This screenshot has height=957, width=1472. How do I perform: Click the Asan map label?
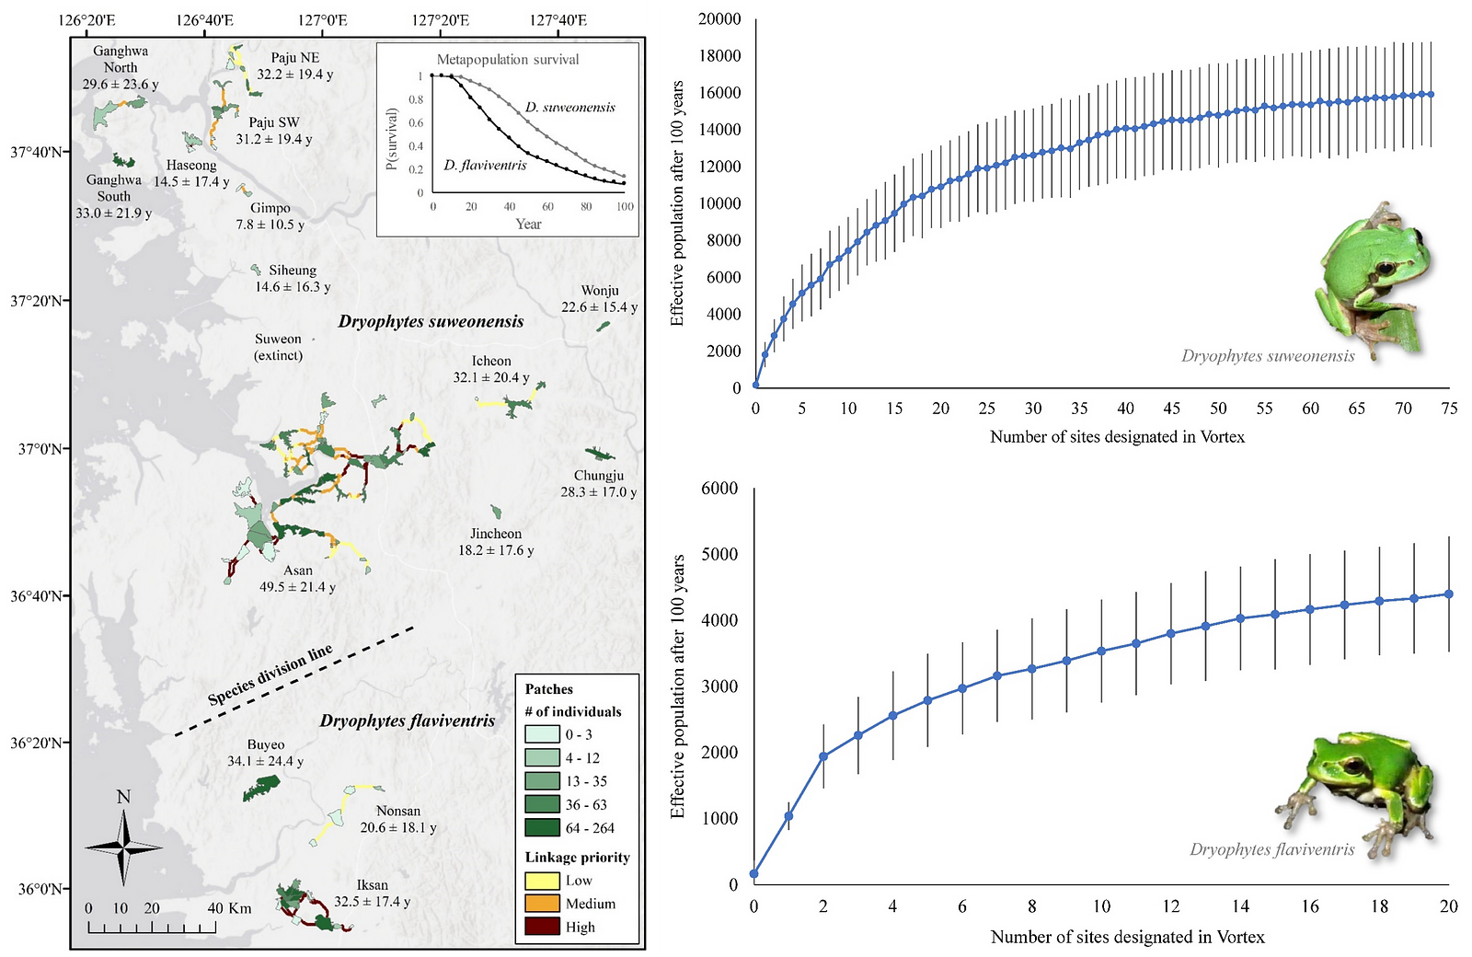tap(297, 571)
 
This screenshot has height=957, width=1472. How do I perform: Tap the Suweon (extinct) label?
tap(278, 347)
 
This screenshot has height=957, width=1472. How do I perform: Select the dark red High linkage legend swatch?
tap(542, 927)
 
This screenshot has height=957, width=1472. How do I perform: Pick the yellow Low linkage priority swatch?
tap(542, 881)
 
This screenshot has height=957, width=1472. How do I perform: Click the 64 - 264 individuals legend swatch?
tap(542, 827)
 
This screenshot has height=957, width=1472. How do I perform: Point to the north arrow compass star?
tap(123, 847)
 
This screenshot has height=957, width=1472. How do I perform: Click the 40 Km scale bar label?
tap(229, 908)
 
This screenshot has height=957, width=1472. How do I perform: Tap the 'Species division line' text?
tap(270, 676)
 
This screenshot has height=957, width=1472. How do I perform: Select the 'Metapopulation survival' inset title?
tap(508, 60)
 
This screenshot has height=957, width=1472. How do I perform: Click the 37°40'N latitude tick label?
tap(37, 152)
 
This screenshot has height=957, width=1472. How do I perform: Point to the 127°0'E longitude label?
tap(323, 20)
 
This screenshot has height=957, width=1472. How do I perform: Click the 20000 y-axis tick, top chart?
tap(719, 19)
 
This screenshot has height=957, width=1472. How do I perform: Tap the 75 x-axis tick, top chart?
tap(1449, 409)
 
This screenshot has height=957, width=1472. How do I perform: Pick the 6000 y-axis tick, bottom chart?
tap(719, 489)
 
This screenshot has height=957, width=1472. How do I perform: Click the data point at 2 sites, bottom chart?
tap(823, 756)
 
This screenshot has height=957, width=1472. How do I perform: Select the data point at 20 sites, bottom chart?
tap(1449, 594)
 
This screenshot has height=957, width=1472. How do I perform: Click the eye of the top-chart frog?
tap(1383, 269)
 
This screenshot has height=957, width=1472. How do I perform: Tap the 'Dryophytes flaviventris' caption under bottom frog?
tap(1271, 849)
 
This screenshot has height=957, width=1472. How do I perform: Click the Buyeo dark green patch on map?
tap(261, 789)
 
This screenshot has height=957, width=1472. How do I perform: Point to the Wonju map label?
tap(600, 291)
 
